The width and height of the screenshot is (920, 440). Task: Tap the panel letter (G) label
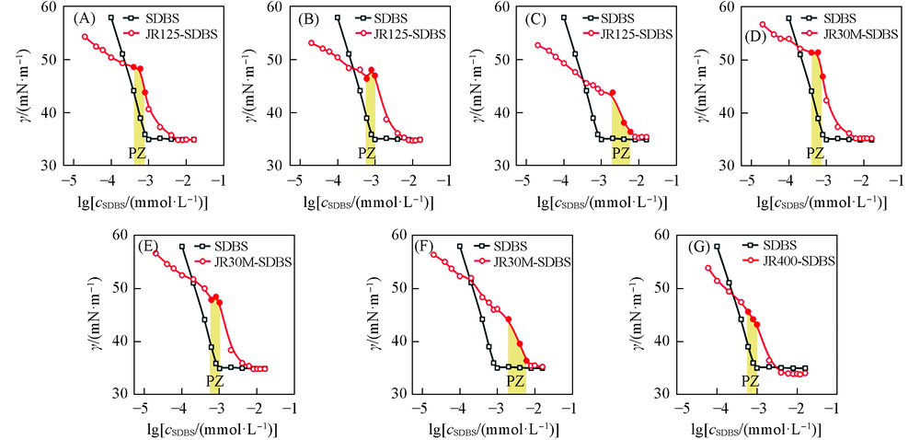[702, 247]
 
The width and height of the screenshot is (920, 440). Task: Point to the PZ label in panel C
[622, 152]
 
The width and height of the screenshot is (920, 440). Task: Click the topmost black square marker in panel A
[111, 17]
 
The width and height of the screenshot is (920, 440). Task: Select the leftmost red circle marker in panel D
[763, 24]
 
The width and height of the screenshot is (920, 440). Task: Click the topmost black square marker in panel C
[564, 17]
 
